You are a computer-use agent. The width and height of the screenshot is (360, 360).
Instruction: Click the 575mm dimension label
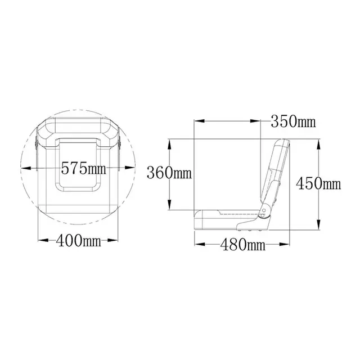pyautogui.click(x=84, y=168)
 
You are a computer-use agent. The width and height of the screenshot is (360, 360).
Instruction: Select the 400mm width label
pyautogui.click(x=78, y=240)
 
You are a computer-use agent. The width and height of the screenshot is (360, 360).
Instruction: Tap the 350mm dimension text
pyautogui.click(x=293, y=121)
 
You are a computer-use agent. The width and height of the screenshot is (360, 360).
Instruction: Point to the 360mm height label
pyautogui.click(x=169, y=173)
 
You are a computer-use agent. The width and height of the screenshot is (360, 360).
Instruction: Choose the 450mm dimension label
pyautogui.click(x=318, y=183)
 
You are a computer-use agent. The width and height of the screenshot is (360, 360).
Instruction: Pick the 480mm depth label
pyautogui.click(x=242, y=245)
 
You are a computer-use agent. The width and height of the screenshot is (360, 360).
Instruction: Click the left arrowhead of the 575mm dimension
pyautogui.click(x=26, y=168)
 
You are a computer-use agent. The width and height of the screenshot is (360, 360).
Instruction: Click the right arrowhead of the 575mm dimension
pyautogui.click(x=130, y=168)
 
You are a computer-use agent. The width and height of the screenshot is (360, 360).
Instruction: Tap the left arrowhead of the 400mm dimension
pyautogui.click(x=43, y=240)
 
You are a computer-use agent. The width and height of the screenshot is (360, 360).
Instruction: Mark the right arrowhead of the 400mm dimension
pyautogui.click(x=112, y=240)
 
